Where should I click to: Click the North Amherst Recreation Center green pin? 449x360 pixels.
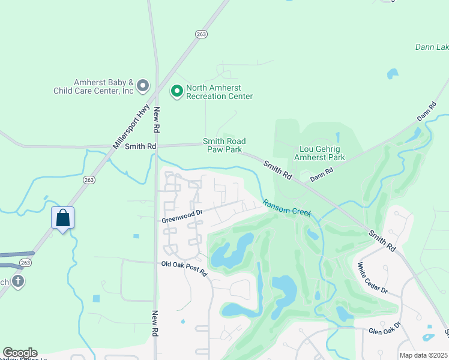[176, 92]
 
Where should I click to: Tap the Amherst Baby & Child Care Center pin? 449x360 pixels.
[142, 86]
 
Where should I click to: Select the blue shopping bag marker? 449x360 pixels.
[63, 219]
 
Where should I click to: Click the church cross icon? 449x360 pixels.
[18, 281]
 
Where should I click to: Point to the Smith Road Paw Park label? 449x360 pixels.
[224, 145]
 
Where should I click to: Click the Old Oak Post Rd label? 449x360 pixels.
[184, 268]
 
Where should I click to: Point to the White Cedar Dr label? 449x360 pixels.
[373, 277]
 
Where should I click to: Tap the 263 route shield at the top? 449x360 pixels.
[201, 34]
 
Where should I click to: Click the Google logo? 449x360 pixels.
[19, 353]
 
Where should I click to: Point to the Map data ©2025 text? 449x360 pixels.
[423, 355]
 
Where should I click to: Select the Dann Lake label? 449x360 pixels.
[432, 47]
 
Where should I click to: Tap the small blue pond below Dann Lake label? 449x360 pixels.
[393, 74]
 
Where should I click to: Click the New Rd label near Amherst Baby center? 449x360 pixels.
[156, 120]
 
